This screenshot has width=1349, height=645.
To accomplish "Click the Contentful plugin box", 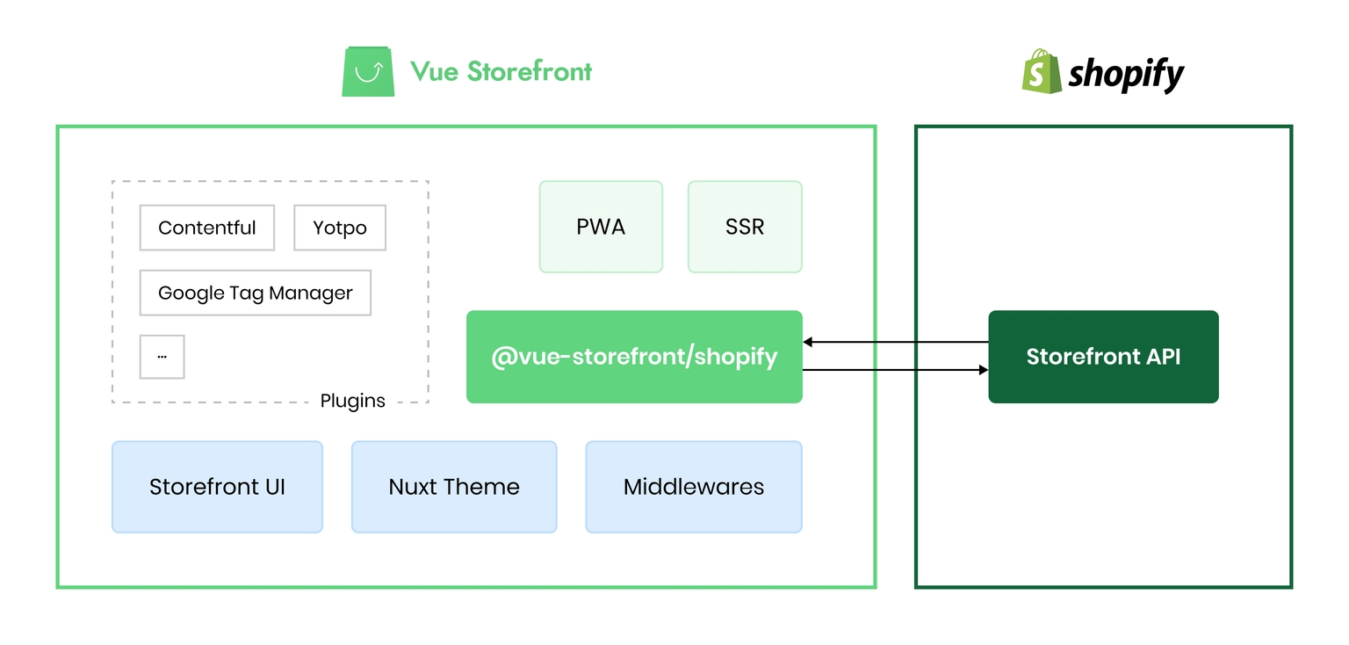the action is tap(207, 228).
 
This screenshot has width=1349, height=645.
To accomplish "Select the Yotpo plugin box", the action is tap(340, 228).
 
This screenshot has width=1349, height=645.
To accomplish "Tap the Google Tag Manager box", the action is tap(256, 293).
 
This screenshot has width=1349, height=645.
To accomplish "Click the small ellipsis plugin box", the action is tap(162, 357).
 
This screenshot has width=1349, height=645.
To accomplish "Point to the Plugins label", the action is tap(352, 401).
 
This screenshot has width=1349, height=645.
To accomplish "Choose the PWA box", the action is tap(601, 227).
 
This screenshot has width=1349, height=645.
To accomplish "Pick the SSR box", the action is tap(745, 227).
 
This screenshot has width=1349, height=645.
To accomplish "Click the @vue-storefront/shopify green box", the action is tap(634, 357).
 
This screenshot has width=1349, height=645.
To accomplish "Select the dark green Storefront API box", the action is tap(1103, 357).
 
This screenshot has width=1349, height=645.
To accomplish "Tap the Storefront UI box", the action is tap(218, 487).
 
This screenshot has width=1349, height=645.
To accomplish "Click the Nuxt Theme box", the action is tap(454, 487).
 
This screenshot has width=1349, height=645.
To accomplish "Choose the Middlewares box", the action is tap(694, 487).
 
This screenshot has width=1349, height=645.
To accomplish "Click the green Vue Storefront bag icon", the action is tap(368, 71).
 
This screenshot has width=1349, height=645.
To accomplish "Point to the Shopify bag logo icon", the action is tap(1042, 71).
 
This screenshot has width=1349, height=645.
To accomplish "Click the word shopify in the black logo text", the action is tap(1126, 75).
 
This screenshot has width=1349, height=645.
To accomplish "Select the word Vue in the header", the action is tap(434, 71).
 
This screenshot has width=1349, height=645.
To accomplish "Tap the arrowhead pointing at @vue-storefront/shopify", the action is tap(808, 342).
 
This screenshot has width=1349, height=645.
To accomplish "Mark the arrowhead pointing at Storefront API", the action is tap(984, 370).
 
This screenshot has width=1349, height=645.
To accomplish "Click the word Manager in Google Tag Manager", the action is tap(311, 294).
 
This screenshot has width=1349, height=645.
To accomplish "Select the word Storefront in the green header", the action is tap(530, 71).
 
